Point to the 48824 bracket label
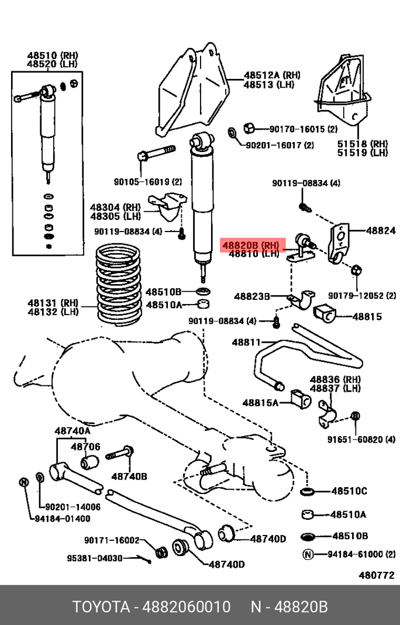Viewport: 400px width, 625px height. coord(381,230)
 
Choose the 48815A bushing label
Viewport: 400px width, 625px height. coord(260,403)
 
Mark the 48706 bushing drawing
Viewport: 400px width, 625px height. coord(89,461)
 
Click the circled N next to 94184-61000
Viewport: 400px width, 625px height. coord(308,554)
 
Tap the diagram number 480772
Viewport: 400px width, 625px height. coord(377,575)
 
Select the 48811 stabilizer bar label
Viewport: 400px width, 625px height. coord(246,342)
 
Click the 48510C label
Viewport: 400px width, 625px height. coord(349,491)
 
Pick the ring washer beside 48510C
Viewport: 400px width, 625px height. coord(306,492)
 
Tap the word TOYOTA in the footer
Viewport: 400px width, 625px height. coord(101,607)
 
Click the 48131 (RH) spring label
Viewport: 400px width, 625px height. coord(53,302)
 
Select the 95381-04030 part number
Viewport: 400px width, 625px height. coord(95,558)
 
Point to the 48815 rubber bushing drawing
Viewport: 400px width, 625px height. coord(325,314)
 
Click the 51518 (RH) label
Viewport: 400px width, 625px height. coord(363,144)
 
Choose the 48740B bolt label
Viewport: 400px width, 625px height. coord(129,476)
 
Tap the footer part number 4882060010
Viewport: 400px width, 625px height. coord(187,607)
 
